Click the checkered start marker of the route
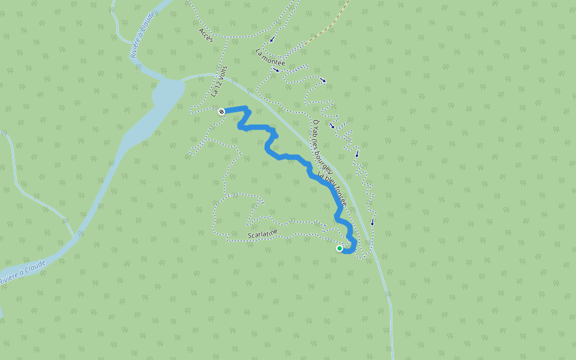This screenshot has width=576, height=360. pyautogui.click(x=221, y=111)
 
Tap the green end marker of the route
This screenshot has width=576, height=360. pyautogui.click(x=340, y=248)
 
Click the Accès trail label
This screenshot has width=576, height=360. pyautogui.click(x=206, y=34)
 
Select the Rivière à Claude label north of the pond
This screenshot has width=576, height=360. pyautogui.click(x=142, y=36)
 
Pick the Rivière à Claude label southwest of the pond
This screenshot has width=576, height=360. pyautogui.click(x=23, y=273)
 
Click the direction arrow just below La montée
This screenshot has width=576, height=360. pyautogui.click(x=276, y=70)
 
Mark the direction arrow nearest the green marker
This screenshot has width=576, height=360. pyautogui.click(x=372, y=222)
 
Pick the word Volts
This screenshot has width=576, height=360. pyautogui.click(x=222, y=74)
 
